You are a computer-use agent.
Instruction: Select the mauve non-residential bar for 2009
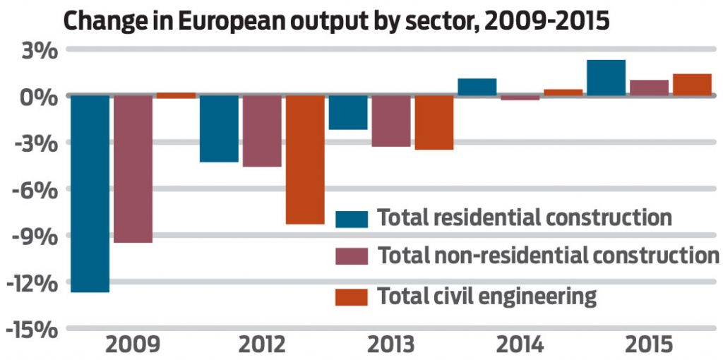(133, 169)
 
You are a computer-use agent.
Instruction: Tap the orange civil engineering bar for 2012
(304, 159)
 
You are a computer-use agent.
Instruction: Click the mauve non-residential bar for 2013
(390, 121)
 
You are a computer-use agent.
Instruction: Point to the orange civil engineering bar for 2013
(434, 122)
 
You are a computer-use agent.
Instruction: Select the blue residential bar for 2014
(477, 87)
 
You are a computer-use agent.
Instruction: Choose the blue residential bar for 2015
(606, 78)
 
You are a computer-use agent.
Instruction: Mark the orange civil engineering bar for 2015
(691, 85)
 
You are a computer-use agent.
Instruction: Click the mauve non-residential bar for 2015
(649, 88)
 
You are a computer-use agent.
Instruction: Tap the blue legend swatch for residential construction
(352, 218)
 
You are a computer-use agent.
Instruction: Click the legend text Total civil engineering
(487, 296)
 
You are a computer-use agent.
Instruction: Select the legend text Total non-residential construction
(548, 256)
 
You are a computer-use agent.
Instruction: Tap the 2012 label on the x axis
(262, 346)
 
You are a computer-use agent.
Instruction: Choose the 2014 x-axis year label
(520, 346)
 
